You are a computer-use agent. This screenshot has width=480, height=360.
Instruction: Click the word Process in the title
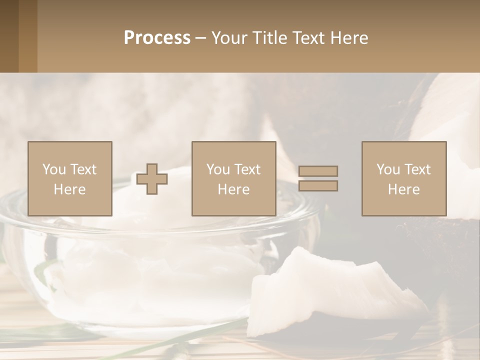157,38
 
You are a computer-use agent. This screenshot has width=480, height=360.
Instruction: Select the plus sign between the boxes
152,178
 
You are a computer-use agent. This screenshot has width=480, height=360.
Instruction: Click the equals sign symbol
318,178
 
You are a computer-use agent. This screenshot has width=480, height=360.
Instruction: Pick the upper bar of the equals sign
318,171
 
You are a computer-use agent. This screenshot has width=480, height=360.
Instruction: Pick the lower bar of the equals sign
318,185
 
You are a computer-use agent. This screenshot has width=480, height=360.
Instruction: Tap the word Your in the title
228,38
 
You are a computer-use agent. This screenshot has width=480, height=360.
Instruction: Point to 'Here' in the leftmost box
69,189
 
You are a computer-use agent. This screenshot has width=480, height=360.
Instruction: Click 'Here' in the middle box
233,189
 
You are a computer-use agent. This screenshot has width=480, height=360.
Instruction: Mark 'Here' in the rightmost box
403,189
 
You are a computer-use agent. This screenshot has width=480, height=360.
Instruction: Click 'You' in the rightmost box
388,169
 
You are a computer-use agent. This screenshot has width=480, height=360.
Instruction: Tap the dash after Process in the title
200,38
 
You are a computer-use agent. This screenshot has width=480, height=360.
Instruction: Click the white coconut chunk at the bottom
320,295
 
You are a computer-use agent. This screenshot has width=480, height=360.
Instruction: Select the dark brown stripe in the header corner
9,36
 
